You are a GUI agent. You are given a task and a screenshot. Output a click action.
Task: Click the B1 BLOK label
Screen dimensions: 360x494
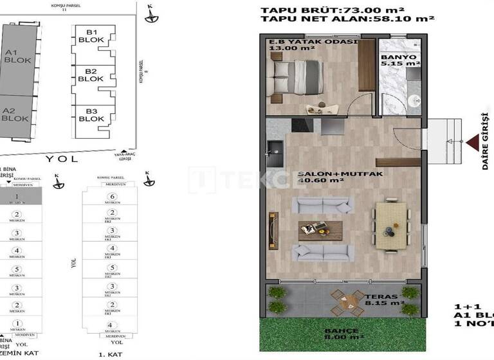[x=91, y=37]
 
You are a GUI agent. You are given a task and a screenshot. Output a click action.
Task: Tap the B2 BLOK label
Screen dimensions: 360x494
[x=91, y=75]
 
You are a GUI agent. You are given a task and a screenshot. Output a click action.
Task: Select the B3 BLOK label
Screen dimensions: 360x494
[x=91, y=114]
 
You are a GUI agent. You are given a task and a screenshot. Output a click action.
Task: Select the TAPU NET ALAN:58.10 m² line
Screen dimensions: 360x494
[x=348, y=20]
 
